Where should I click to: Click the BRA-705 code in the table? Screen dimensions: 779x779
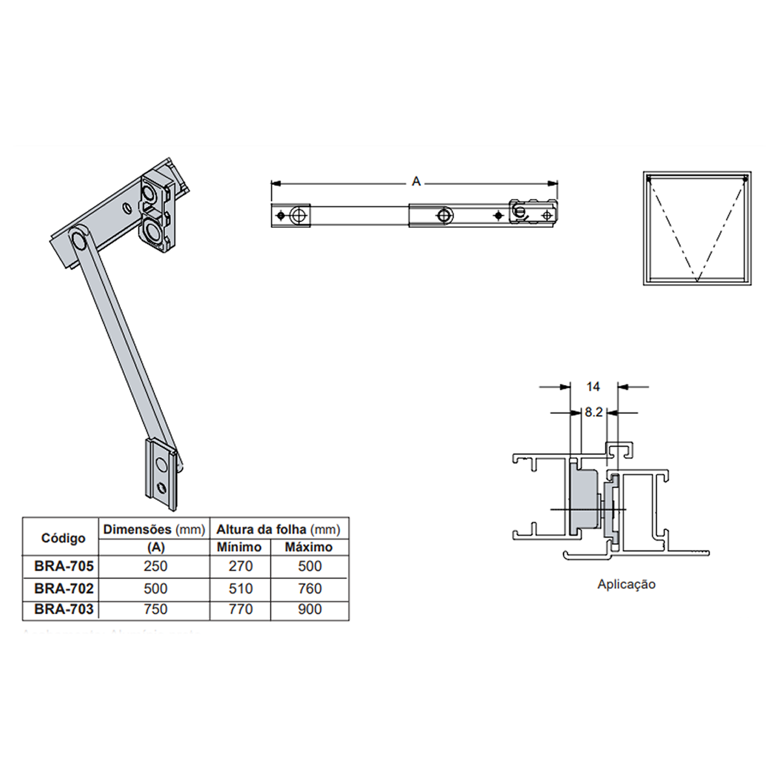click(64, 566)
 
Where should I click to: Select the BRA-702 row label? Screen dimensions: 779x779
click(64, 588)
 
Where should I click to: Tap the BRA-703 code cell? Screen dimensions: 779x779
click(64, 610)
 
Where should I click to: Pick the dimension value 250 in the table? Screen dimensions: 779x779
click(155, 566)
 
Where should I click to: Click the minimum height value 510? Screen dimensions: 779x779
click(240, 588)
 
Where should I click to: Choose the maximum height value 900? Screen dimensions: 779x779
click(310, 610)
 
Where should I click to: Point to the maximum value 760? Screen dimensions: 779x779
click(310, 588)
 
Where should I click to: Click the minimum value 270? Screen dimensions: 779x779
click(240, 566)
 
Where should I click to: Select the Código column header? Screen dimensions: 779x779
click(63, 538)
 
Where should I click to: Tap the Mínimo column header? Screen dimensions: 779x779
click(239, 547)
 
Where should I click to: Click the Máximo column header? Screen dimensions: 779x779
click(308, 547)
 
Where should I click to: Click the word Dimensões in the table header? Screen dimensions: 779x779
click(137, 530)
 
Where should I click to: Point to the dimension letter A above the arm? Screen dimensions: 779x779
click(416, 182)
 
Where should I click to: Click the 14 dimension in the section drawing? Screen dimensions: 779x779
click(593, 387)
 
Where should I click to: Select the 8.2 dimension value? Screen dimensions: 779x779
click(593, 412)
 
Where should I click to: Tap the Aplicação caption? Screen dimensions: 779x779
click(626, 584)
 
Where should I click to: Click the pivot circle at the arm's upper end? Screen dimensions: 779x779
click(80, 240)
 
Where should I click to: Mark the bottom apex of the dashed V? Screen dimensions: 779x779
click(697, 280)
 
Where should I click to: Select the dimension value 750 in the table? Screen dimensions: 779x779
click(155, 610)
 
